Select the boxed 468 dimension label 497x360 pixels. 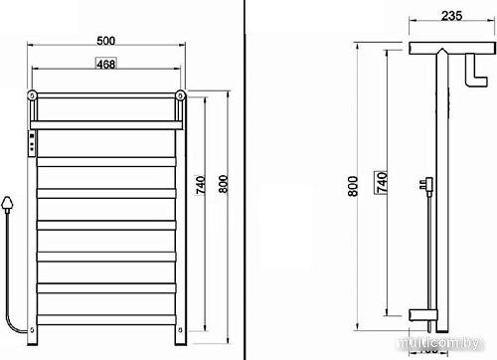[x=106, y=65]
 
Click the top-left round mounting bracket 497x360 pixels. [x=33, y=96]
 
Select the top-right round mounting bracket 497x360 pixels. [x=181, y=96]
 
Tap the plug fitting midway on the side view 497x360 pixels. [x=428, y=185]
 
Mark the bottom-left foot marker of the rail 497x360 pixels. [x=32, y=330]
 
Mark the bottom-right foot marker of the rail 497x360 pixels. [x=180, y=330]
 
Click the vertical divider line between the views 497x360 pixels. [x=246, y=179]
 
